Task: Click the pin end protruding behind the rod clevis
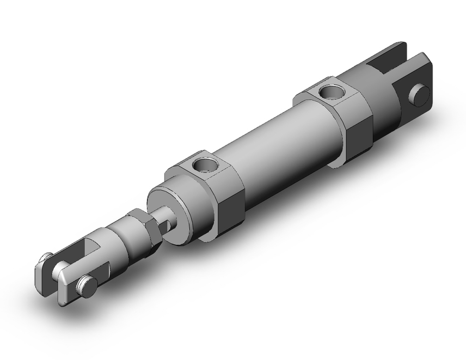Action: [x=45, y=256]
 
